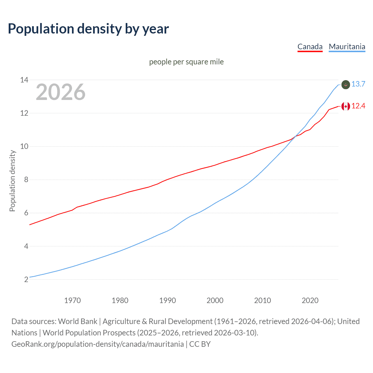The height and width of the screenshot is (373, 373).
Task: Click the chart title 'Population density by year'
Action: (88, 29)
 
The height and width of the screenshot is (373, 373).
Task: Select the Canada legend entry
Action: (310, 47)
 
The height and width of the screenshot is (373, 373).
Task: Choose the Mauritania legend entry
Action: (347, 47)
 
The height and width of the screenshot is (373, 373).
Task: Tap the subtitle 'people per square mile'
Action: (186, 62)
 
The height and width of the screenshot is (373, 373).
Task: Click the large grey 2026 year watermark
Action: (61, 92)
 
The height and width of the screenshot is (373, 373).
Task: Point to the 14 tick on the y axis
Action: (24, 80)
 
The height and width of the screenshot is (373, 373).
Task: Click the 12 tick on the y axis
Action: (24, 113)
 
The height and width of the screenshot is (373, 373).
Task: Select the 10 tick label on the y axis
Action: (24, 146)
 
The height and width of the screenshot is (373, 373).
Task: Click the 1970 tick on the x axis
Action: (73, 300)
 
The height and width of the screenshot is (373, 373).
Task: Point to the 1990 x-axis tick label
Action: (168, 300)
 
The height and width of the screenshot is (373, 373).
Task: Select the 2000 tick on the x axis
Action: (215, 300)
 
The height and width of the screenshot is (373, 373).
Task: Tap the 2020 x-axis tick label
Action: (310, 300)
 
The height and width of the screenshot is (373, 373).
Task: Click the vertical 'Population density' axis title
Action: (12, 181)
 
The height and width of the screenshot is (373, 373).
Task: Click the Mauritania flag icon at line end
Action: (346, 85)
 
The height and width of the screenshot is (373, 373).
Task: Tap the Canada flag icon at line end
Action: (346, 106)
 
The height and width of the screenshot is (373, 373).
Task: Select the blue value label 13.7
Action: (358, 84)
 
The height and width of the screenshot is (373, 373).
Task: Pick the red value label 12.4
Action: (358, 106)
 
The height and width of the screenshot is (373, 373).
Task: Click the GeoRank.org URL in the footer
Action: (98, 344)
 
